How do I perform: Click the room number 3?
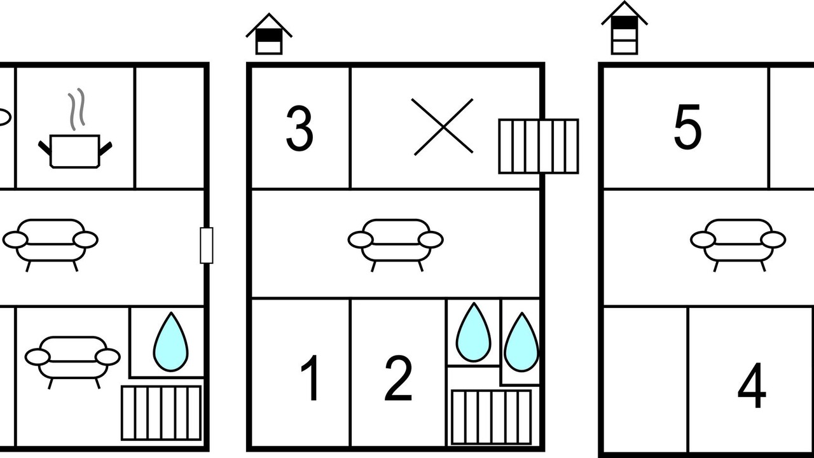(300, 128)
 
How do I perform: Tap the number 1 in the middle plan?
(311, 378)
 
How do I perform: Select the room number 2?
(398, 378)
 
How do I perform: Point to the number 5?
(687, 127)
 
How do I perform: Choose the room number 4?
(752, 385)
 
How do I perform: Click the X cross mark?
(443, 127)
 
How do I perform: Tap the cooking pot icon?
(75, 151)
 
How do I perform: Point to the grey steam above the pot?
(76, 109)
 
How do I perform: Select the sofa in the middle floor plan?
(396, 245)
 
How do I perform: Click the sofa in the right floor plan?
(738, 245)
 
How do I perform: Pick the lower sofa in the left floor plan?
(72, 363)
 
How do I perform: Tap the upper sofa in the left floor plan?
(50, 245)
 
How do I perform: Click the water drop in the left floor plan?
(171, 342)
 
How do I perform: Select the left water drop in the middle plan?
(474, 332)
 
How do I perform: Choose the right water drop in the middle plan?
(522, 342)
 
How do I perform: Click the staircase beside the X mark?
(539, 146)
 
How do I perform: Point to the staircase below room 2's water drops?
(492, 417)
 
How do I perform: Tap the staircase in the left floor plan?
(161, 413)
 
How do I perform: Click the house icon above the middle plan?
(269, 34)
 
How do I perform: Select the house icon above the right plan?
(624, 28)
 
